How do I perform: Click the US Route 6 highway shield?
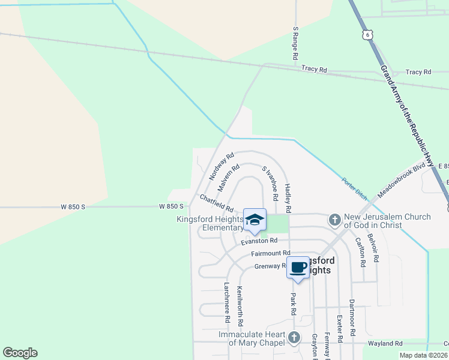(366, 35)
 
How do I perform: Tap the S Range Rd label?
(295, 43)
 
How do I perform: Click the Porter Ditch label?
(354, 188)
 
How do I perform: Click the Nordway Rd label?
(221, 167)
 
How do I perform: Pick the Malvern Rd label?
(229, 178)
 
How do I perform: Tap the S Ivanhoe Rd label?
(271, 184)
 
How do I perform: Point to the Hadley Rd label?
(288, 199)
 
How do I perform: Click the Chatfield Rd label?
(216, 203)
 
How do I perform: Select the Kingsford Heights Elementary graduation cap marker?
(255, 220)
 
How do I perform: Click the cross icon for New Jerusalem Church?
(334, 220)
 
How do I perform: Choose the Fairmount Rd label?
(270, 254)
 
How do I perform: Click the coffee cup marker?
(298, 268)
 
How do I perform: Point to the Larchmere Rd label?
(227, 299)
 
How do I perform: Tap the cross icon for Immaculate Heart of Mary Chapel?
(294, 338)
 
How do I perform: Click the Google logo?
(20, 353)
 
